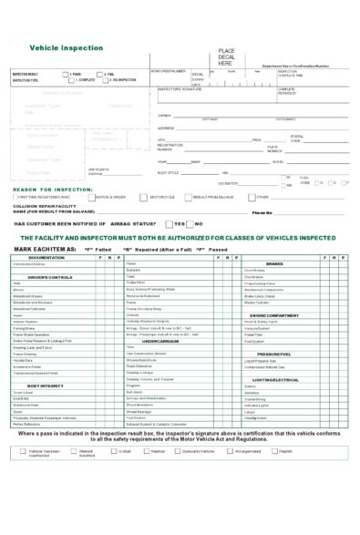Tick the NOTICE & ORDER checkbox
92,197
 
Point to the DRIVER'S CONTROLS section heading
50,276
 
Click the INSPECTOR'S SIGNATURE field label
180,89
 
